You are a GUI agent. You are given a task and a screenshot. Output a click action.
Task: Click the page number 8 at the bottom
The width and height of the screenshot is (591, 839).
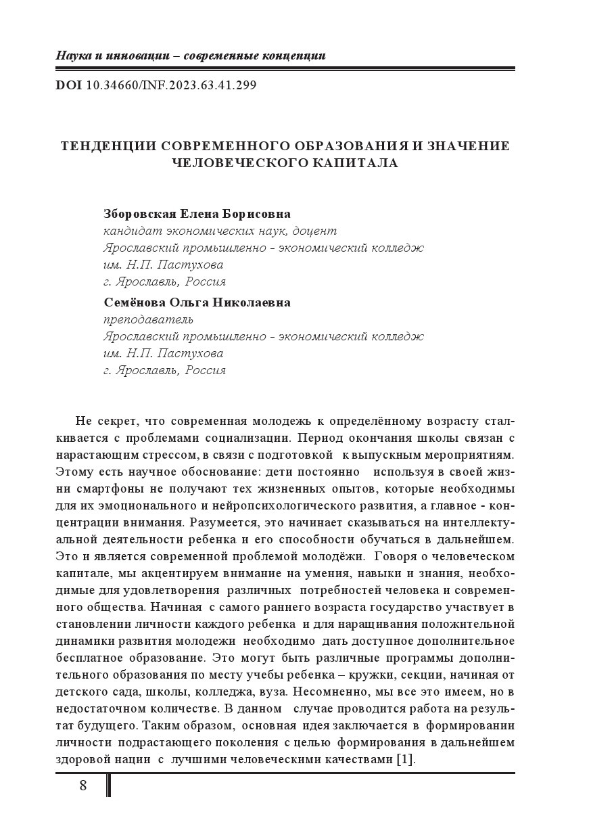(83, 786)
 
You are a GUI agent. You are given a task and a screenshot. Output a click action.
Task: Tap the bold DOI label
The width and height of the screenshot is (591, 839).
(69, 85)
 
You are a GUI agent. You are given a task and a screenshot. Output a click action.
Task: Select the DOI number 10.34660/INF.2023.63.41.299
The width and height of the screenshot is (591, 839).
(171, 85)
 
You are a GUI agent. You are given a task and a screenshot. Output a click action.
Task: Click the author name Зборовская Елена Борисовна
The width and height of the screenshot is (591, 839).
(197, 214)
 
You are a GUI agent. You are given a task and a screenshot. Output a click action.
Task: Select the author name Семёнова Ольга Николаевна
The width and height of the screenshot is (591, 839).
(197, 302)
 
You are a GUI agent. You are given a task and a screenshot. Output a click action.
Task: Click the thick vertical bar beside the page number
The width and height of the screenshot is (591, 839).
(108, 786)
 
